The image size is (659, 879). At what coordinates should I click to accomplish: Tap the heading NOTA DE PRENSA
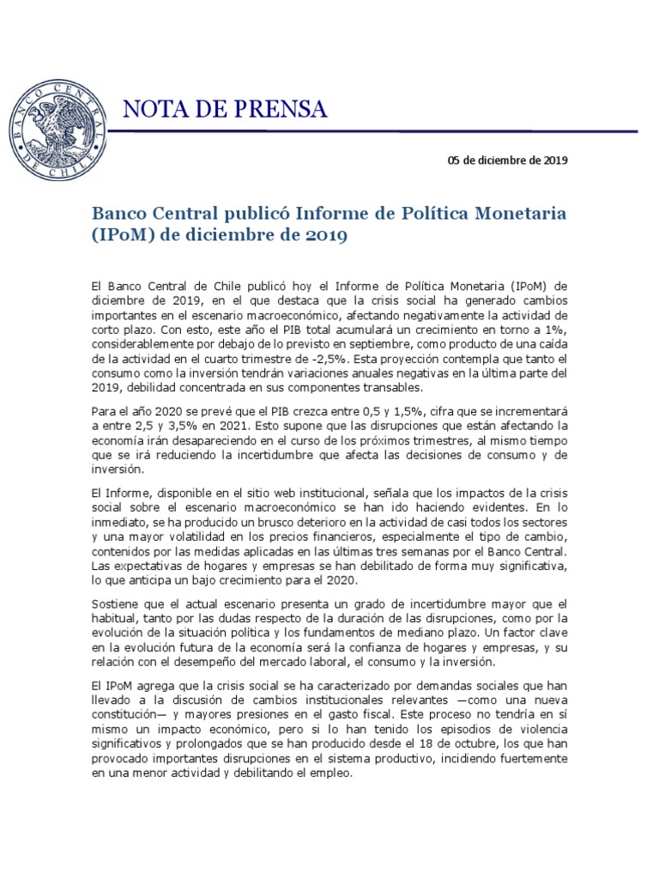226,109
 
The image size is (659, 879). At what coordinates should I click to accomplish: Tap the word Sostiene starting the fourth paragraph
116,604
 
